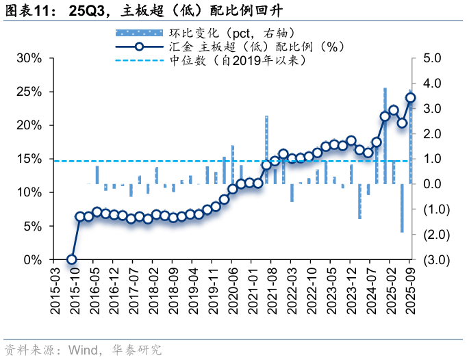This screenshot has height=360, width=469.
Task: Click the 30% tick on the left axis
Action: (x=30, y=58)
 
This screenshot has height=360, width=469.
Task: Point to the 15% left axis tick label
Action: (x=30, y=159)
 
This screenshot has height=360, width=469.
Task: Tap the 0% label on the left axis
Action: (x=34, y=260)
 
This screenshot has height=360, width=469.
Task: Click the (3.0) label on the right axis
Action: (x=436, y=260)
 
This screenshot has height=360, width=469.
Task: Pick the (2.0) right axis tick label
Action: (x=436, y=235)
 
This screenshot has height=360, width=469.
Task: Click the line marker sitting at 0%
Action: (x=71, y=259)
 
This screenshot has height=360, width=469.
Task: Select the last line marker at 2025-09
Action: (x=411, y=97)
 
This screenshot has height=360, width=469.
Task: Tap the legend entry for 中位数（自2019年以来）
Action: (x=236, y=60)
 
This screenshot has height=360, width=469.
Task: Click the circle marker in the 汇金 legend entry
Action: (x=139, y=47)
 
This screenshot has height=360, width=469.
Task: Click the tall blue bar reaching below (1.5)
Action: (x=402, y=208)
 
